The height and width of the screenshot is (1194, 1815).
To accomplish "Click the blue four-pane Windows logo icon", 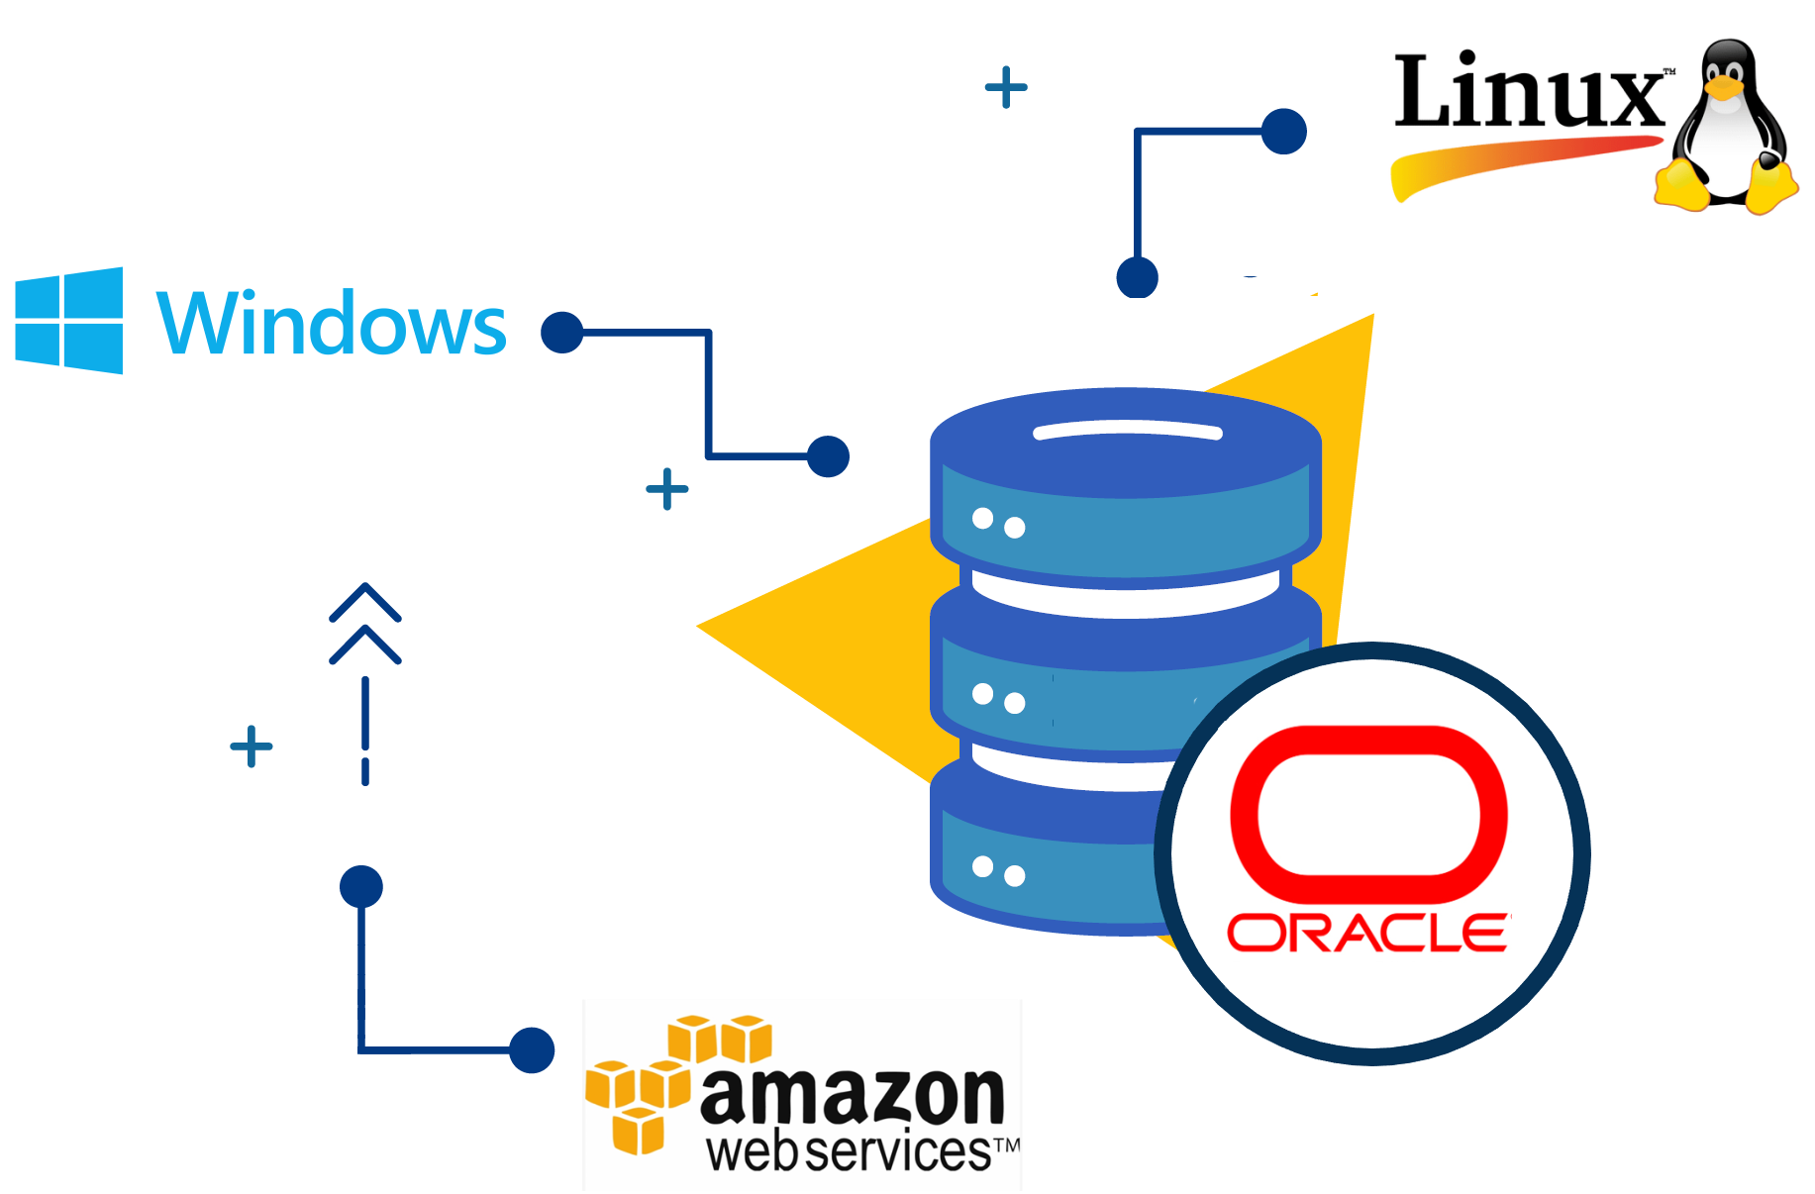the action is coord(69,321).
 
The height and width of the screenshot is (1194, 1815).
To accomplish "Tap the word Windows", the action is coord(332,323).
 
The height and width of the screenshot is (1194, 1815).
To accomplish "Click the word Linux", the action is coord(1530,92).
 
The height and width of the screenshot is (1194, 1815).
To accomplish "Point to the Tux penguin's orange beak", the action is coord(1724,88).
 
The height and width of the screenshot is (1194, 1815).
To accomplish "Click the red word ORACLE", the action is coord(1368,933).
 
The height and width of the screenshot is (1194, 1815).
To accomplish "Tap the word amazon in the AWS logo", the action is coord(853,1096).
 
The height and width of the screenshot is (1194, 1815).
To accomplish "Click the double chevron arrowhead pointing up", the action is coord(365,623).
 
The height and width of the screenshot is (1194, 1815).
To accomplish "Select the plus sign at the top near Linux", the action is coord(1006,87).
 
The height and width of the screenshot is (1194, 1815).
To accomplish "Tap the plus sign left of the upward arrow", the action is coord(252,746).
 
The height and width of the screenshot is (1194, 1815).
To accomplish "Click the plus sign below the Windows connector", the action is coord(667,489).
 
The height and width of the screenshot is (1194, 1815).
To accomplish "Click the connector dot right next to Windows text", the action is coord(562,333).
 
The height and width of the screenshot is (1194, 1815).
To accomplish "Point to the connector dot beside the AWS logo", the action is coord(532,1049).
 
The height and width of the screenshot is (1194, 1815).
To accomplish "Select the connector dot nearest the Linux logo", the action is coord(1284,131).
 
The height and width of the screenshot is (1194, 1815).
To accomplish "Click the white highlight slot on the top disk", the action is coord(1128,431).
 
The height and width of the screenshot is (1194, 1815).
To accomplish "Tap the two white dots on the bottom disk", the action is coord(998,871).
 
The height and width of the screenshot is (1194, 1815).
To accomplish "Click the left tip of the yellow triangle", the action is coord(698,626).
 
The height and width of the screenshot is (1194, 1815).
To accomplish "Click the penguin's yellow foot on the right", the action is coord(1771,187).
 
